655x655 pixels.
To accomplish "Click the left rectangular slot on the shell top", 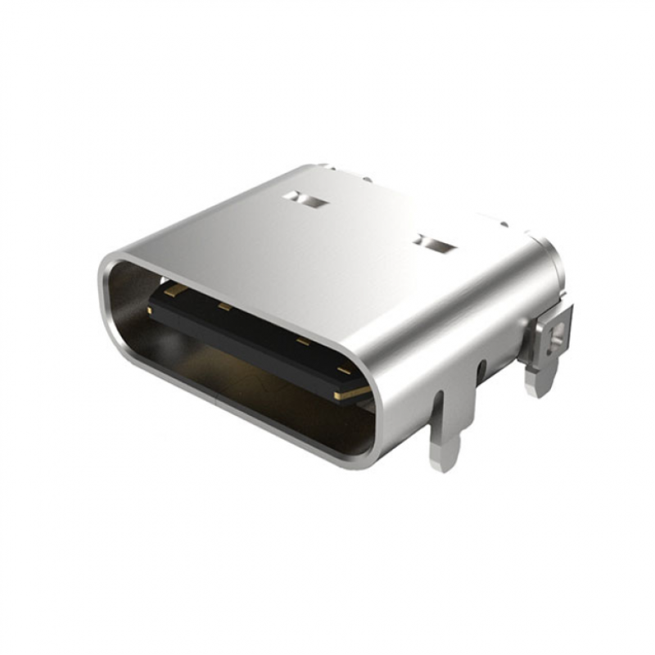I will (305, 199).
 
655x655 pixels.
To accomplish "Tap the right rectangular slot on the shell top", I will (435, 242).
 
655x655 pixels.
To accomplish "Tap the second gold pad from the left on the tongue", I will (224, 308).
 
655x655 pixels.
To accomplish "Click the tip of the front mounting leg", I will (445, 463).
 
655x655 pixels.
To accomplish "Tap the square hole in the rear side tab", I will (558, 333).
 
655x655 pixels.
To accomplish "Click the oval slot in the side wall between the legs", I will (481, 371).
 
